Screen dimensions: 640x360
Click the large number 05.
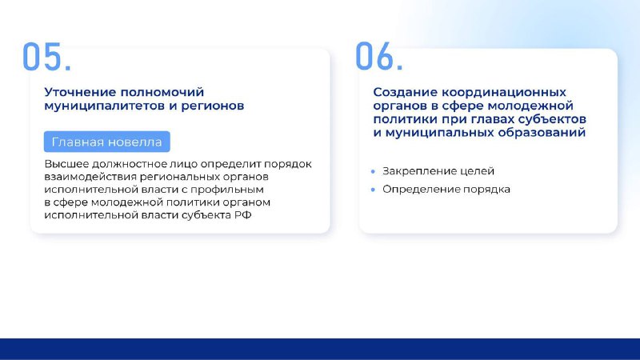tap(46, 56)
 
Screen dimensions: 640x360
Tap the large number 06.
tap(379, 56)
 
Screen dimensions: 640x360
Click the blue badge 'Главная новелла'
tap(107, 142)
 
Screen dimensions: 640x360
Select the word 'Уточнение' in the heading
tap(80, 92)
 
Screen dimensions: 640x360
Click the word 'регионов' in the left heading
tap(212, 106)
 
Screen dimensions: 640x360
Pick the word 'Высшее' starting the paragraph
tap(66, 164)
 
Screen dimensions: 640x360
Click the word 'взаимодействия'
tap(90, 177)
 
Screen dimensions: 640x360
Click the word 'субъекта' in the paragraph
tap(206, 215)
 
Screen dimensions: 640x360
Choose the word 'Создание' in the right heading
tap(406, 92)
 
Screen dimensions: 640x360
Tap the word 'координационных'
tap(504, 92)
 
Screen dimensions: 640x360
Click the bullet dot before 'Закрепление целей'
tap(373, 171)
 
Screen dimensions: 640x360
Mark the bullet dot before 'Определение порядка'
tap(373, 190)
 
